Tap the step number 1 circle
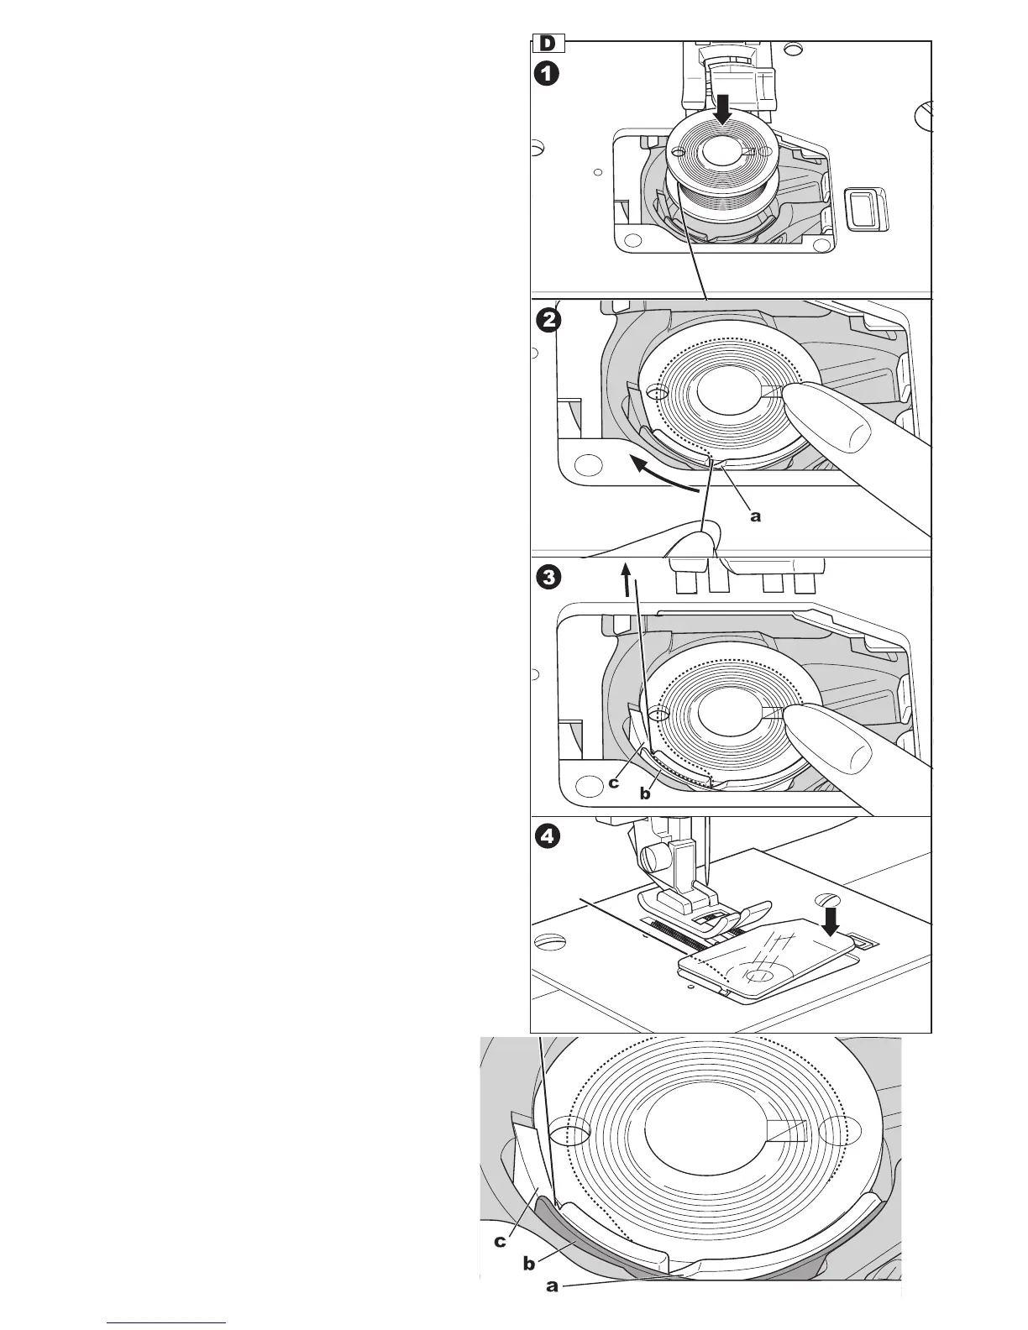(547, 74)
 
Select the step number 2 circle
(547, 320)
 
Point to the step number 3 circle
(547, 578)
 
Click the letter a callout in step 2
(755, 516)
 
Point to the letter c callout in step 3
(614, 782)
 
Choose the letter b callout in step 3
(645, 793)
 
